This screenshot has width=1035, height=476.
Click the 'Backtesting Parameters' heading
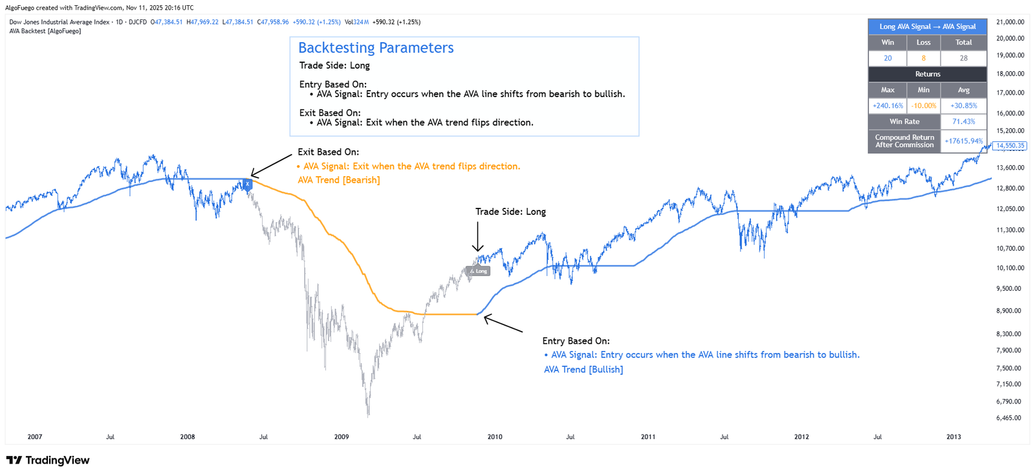[x=376, y=48]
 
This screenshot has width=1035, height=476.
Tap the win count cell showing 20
[x=888, y=58]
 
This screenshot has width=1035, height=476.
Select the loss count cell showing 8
[x=923, y=58]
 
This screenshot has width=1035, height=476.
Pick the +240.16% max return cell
[x=888, y=106]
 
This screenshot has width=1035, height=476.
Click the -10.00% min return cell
[x=923, y=106]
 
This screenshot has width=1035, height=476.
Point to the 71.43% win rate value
[x=963, y=122]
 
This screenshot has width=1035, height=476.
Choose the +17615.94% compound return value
[x=963, y=141]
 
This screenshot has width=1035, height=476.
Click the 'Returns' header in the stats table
[x=927, y=74]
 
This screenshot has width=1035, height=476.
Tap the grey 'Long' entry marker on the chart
[x=479, y=271]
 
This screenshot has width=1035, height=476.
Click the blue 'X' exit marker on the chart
[x=247, y=185]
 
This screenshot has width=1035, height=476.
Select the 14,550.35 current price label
[x=1010, y=146]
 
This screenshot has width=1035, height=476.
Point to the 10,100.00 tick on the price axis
[x=1010, y=268]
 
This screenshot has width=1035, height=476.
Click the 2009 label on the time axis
[x=342, y=437]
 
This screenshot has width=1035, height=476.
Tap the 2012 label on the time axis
[x=801, y=437]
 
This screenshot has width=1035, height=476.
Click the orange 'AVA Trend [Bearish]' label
[x=339, y=180]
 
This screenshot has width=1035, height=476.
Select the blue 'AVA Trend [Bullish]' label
[x=583, y=370]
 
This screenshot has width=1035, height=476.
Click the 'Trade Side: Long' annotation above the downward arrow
[x=510, y=212]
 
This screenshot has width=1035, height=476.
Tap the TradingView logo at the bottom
[x=48, y=460]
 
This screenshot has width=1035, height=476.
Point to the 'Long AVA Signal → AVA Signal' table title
[x=927, y=27]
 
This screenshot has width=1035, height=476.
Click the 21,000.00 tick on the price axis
[x=1010, y=22]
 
